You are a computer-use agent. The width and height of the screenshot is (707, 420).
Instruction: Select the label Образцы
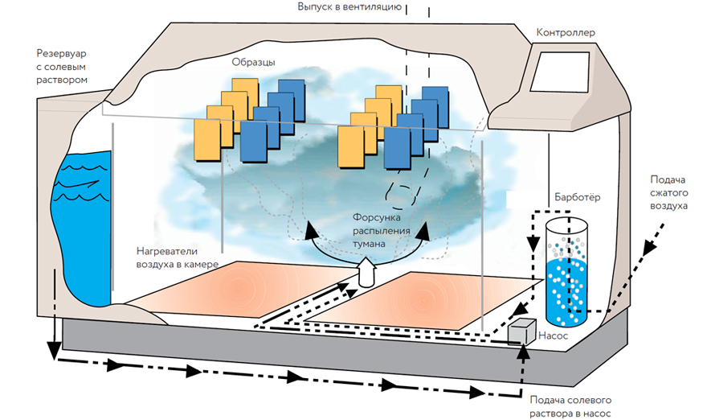click(x=253, y=62)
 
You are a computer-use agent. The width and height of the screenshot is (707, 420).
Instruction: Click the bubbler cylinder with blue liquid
click(x=568, y=274)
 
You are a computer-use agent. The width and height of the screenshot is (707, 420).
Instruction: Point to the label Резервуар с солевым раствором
click(x=61, y=66)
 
